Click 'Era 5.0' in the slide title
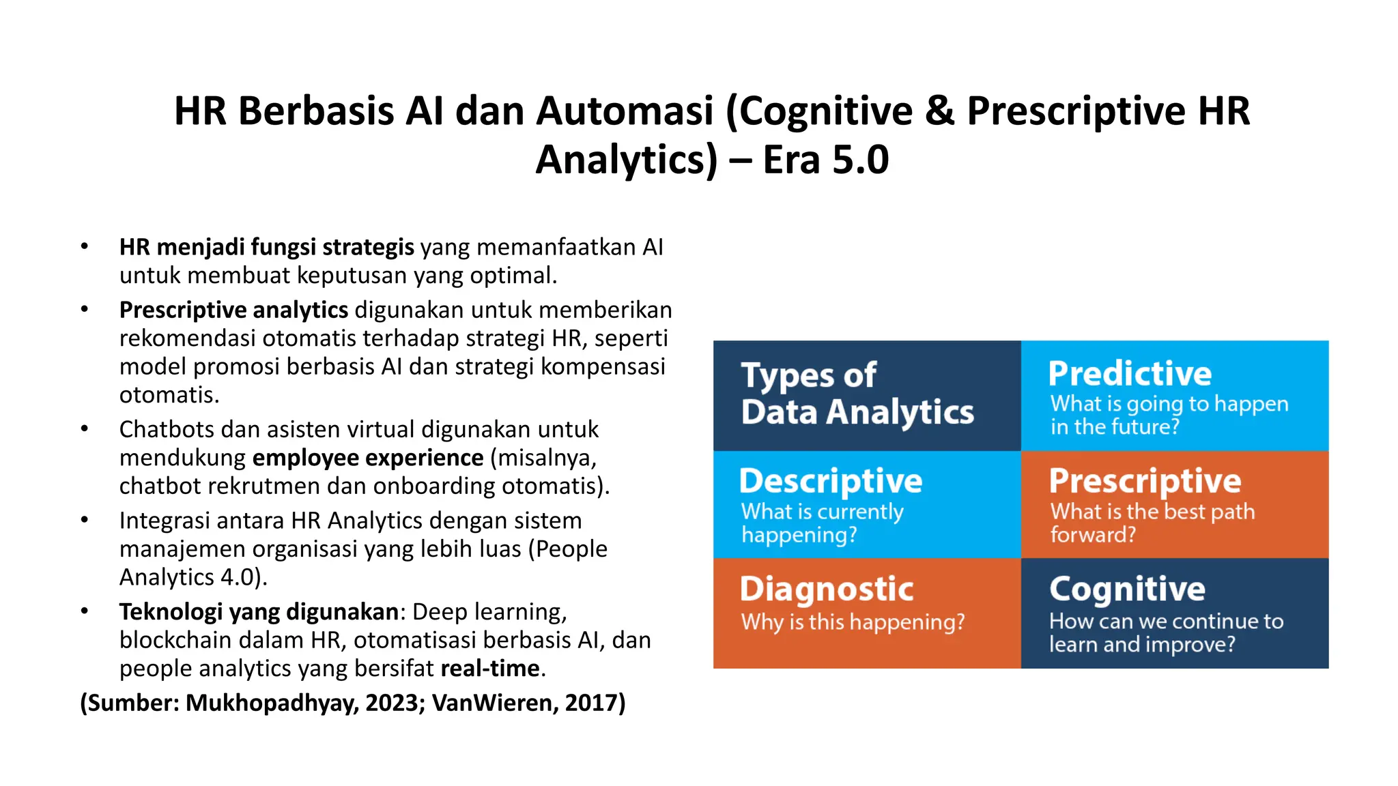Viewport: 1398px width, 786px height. [825, 160]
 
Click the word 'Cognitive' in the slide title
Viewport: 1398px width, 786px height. [827, 111]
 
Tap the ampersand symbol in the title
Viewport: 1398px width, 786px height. [939, 111]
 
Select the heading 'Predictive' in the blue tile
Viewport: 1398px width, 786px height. [1130, 374]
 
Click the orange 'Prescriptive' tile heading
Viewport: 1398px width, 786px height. [1145, 481]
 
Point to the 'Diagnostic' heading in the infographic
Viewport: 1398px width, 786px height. [827, 589]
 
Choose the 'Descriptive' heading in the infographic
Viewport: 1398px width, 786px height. [831, 481]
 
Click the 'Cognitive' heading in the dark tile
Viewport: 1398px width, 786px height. [1127, 589]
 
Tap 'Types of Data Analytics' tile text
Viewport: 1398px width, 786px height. [857, 394]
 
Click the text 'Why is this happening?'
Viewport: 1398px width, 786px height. [853, 622]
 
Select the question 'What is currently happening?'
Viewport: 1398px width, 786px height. [822, 523]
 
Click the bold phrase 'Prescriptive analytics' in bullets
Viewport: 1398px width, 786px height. [233, 310]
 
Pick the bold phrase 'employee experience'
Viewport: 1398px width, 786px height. [368, 458]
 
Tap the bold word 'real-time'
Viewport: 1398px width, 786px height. [490, 669]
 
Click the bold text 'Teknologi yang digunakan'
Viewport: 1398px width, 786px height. [259, 612]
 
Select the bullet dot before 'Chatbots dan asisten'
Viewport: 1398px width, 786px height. [85, 429]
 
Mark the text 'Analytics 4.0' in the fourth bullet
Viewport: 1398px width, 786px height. [186, 578]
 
